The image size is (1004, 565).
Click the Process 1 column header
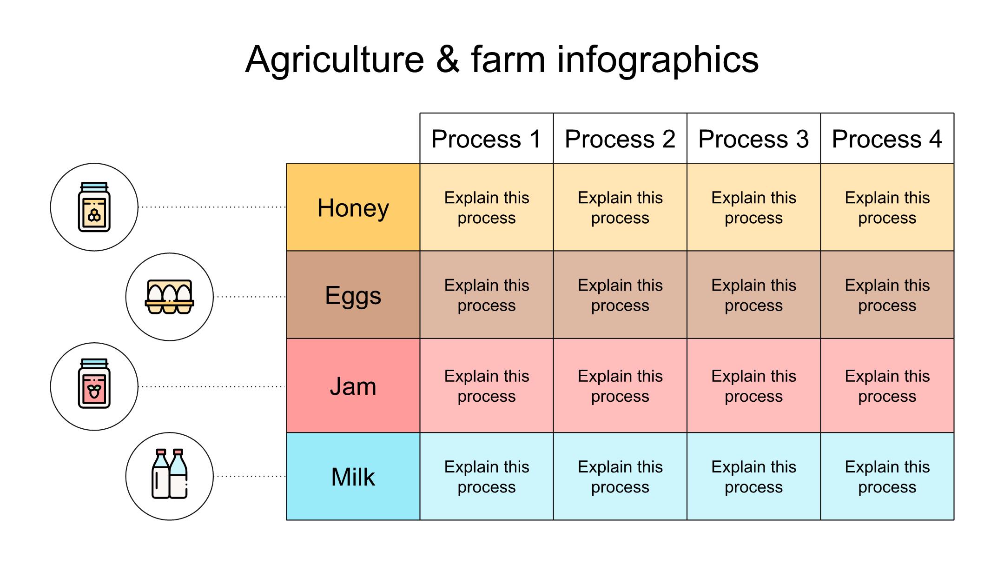[x=487, y=139]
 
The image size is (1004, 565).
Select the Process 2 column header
[x=620, y=139]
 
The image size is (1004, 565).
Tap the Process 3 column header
[x=753, y=139]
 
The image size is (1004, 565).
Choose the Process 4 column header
[x=887, y=139]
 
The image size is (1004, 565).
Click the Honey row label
[x=353, y=207]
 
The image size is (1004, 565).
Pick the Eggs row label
[x=353, y=295]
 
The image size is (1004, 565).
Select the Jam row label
[x=353, y=386]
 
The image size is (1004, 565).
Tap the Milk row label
[x=353, y=477]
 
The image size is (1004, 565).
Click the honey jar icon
[x=94, y=207]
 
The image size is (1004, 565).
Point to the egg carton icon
[x=170, y=297]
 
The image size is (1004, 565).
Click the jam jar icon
[x=94, y=384]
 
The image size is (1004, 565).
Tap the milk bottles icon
[x=170, y=474]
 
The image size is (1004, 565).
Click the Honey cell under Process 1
[x=487, y=207]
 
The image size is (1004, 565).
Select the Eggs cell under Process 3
[x=753, y=295]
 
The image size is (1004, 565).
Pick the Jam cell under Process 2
[x=620, y=386]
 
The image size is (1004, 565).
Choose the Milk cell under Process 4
[x=887, y=477]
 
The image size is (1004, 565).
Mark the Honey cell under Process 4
[x=887, y=207]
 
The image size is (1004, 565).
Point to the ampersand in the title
[x=448, y=60]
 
